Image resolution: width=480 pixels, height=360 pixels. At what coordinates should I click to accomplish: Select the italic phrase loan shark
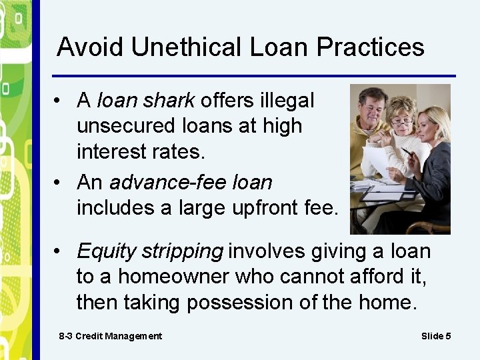(146, 101)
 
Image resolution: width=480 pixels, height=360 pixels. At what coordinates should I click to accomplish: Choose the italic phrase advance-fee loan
(191, 182)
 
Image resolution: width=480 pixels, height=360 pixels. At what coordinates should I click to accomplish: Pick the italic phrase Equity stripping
(150, 251)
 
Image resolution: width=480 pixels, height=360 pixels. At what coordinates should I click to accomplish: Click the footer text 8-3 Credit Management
(110, 336)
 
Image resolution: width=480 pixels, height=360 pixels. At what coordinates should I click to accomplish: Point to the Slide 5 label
(436, 336)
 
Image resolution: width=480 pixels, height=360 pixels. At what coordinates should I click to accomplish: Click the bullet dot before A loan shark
(60, 101)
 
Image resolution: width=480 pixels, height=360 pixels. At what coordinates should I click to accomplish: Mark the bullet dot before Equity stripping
(60, 252)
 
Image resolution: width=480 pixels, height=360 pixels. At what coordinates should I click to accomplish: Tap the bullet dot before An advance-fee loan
(60, 183)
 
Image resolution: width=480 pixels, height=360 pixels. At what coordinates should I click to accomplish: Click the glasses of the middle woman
(402, 122)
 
